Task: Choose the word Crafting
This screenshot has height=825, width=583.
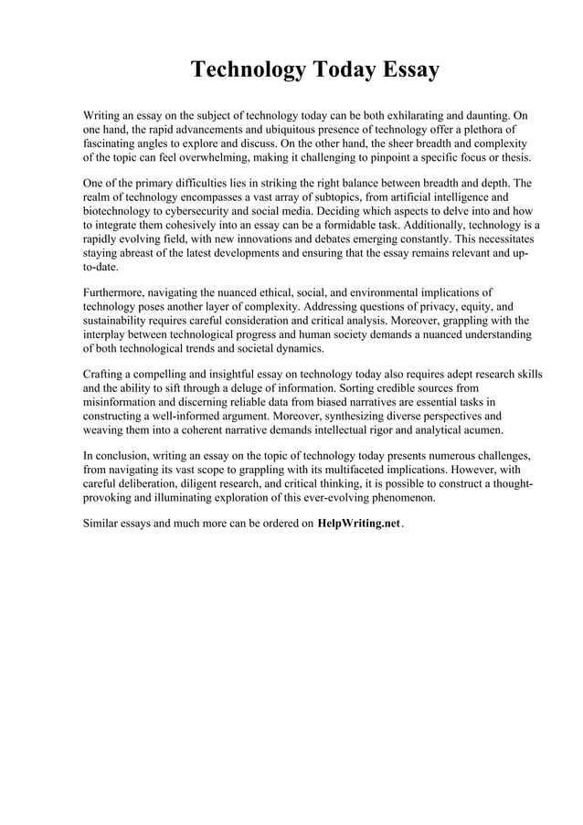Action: click(x=106, y=374)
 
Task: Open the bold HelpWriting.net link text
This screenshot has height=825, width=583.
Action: click(x=359, y=526)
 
